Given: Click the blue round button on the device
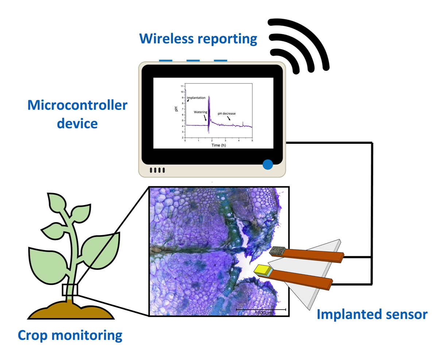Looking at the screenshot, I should pyautogui.click(x=268, y=164).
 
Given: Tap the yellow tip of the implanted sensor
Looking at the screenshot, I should pyautogui.click(x=261, y=269).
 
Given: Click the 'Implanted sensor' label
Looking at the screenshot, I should pyautogui.click(x=372, y=314).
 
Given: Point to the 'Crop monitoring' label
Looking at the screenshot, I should pyautogui.click(x=70, y=336).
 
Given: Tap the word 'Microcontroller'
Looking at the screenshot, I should pyautogui.click(x=78, y=106).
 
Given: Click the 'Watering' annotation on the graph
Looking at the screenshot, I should pyautogui.click(x=201, y=112).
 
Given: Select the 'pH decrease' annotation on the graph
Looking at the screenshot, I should pyautogui.click(x=226, y=114).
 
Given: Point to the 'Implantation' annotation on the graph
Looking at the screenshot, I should pyautogui.click(x=196, y=98).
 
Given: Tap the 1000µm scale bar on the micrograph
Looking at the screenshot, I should pyautogui.click(x=261, y=310).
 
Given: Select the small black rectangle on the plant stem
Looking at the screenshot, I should pyautogui.click(x=70, y=290).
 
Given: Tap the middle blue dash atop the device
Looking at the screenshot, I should pyautogui.click(x=193, y=60).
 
